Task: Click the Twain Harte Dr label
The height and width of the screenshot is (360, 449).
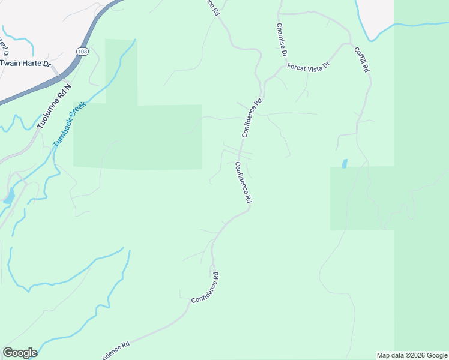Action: [x=25, y=62]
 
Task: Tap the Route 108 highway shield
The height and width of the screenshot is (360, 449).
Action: [x=80, y=52]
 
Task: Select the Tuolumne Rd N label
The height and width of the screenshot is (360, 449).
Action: [x=54, y=106]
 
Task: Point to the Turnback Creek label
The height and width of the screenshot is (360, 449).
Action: [x=70, y=124]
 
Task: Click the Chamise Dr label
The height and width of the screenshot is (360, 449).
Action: [x=280, y=40]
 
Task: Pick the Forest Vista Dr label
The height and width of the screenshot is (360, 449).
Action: [x=309, y=67]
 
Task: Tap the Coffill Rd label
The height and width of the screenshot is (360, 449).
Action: [x=361, y=59]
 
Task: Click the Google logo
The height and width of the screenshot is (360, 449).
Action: [x=20, y=353]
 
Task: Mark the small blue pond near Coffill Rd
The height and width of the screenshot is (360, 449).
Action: [x=344, y=163]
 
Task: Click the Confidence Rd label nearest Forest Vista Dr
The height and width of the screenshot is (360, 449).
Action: [x=252, y=118]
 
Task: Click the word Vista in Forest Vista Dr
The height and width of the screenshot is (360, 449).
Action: [x=312, y=67]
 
